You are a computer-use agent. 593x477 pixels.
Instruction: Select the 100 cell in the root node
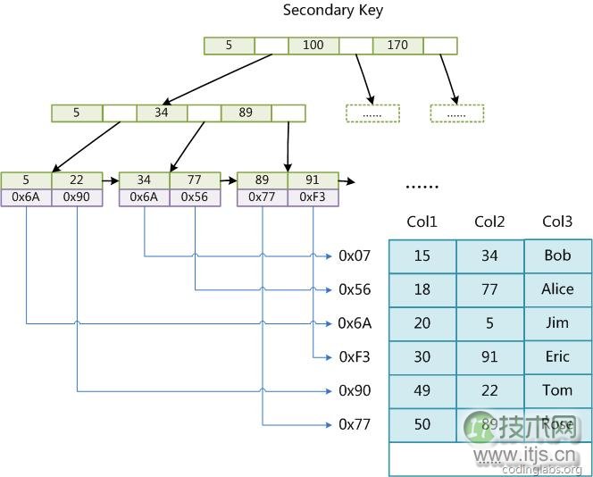click(x=313, y=45)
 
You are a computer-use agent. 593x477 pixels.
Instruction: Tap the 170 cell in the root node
click(x=397, y=45)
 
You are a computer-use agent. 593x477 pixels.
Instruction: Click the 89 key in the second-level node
click(x=246, y=113)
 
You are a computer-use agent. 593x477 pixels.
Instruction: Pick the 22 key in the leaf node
click(x=77, y=180)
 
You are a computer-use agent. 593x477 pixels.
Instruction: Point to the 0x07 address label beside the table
click(x=354, y=256)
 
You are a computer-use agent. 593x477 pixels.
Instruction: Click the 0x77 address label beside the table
click(x=354, y=424)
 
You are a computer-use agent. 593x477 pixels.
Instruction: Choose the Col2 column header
click(x=489, y=222)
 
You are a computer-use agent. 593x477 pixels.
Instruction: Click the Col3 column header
click(x=557, y=222)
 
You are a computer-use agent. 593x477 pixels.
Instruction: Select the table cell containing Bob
click(x=557, y=255)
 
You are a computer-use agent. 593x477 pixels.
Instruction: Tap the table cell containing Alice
click(x=557, y=289)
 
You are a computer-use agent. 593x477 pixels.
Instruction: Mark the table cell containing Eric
click(x=557, y=356)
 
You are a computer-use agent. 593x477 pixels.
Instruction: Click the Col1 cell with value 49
click(x=422, y=390)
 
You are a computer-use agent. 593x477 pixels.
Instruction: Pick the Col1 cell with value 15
click(x=422, y=255)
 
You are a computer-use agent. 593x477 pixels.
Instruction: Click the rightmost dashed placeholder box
click(x=456, y=113)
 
